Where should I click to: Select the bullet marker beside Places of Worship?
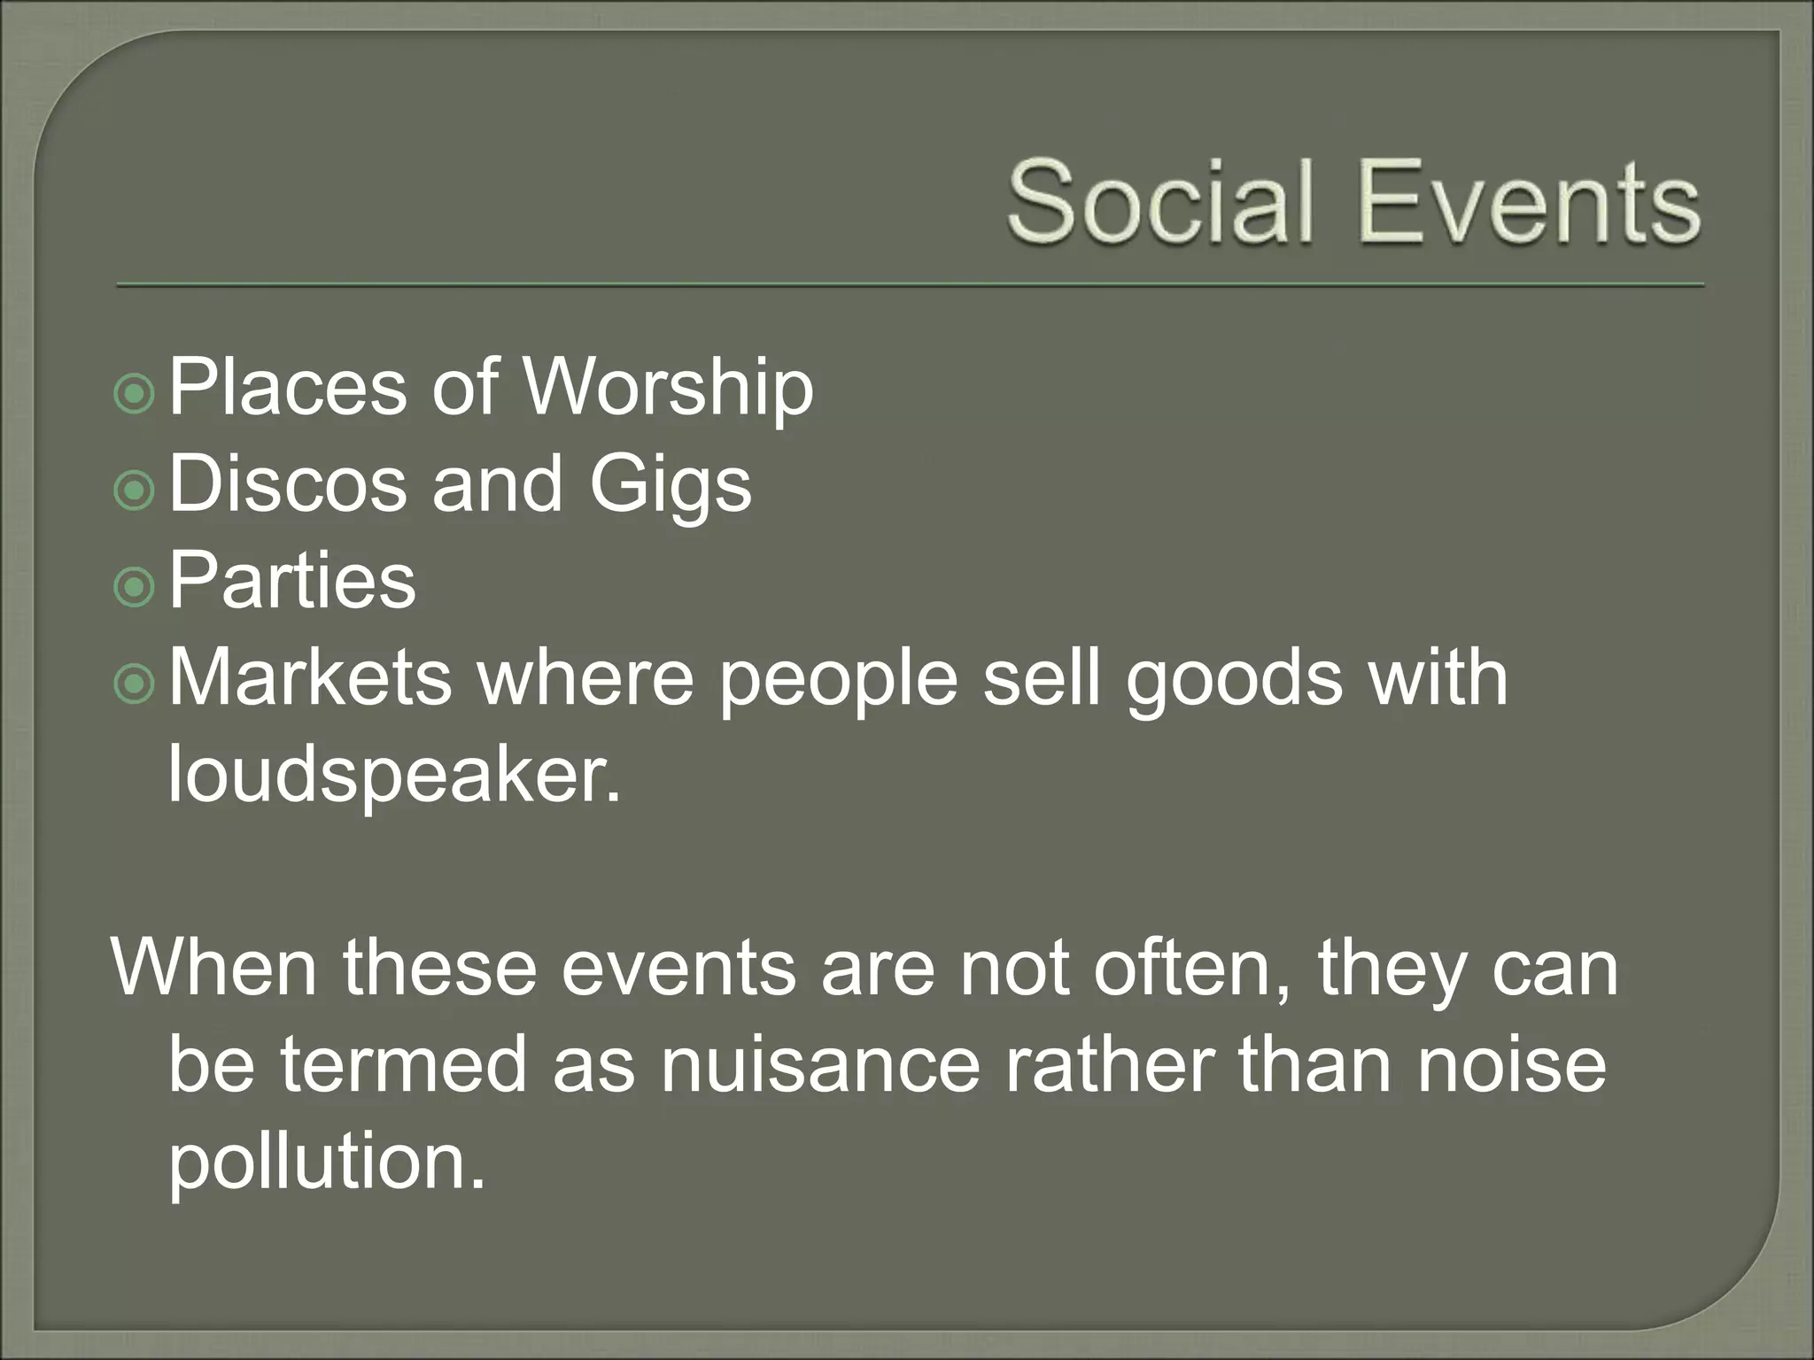tap(135, 394)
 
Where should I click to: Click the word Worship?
tap(668, 388)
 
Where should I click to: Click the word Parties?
tap(291, 581)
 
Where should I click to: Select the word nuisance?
tap(820, 1064)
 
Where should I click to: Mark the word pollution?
tap(327, 1162)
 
